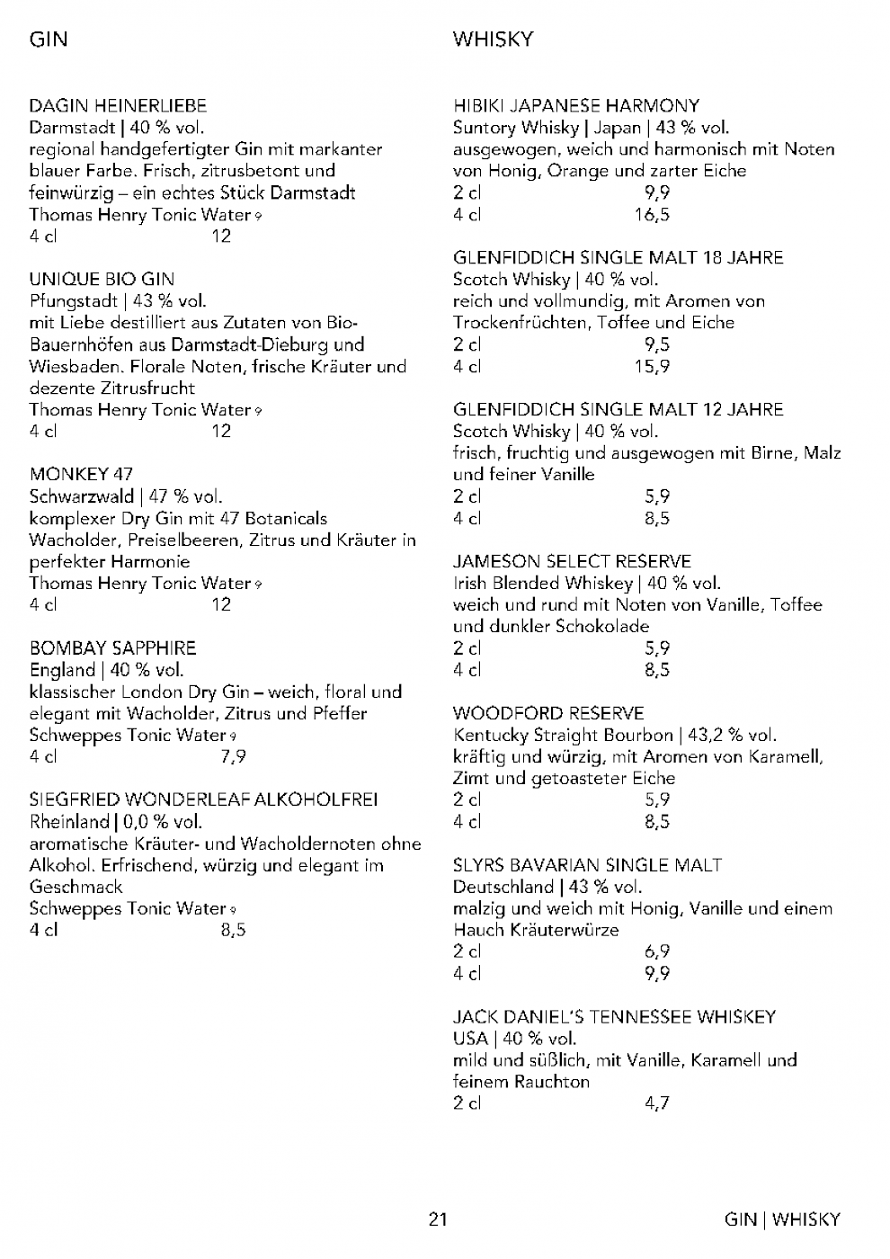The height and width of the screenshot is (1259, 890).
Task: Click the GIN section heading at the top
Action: coord(49,40)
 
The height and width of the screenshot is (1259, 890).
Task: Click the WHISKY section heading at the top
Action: coord(494,40)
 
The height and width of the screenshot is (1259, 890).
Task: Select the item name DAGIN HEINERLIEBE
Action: coord(118,106)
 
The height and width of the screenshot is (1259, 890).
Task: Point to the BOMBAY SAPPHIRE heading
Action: coord(112,648)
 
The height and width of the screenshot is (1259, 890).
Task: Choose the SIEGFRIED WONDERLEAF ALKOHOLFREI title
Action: coord(203,799)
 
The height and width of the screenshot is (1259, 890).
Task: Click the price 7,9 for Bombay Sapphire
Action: coord(233,757)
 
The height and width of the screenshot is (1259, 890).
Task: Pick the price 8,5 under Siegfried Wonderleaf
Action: coord(233,931)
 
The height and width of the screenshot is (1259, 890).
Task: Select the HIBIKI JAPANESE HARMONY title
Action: coord(576,106)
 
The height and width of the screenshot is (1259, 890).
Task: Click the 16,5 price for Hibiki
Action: coord(652,215)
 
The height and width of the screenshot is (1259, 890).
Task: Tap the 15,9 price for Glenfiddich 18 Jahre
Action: coord(652,367)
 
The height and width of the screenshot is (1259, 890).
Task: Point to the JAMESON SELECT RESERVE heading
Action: coord(572,562)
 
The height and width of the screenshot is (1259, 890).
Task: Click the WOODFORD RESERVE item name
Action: coord(548,714)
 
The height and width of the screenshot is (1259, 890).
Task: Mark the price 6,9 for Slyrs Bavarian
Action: coord(657,951)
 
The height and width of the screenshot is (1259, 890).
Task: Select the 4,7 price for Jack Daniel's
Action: coord(657,1103)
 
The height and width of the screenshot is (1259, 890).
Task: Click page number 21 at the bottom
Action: coord(438,1220)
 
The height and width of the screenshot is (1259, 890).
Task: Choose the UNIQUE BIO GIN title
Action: coord(102,280)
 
